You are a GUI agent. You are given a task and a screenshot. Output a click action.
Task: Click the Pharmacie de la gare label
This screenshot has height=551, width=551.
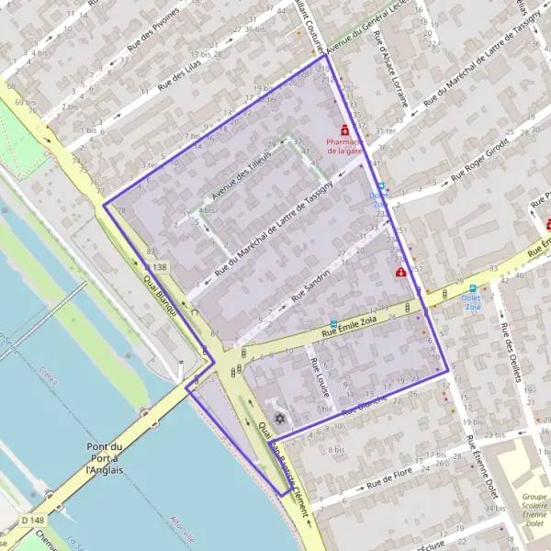[x=345, y=146]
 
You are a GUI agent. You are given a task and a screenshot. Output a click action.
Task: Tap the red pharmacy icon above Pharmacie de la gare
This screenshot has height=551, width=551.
[x=345, y=130]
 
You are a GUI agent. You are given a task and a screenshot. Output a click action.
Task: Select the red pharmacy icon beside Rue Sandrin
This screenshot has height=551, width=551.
[x=400, y=273]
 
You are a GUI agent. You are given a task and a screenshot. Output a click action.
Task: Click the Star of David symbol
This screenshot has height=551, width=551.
[x=279, y=420]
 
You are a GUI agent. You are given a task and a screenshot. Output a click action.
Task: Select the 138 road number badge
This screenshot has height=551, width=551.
[x=158, y=266]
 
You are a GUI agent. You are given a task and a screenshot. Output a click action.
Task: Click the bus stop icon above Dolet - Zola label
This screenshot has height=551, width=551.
[x=473, y=287]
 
